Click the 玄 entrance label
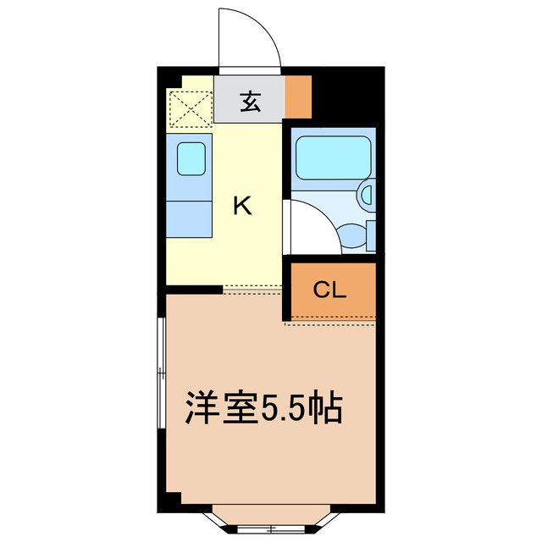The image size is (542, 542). point(249,102)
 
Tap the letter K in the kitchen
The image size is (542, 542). point(243,206)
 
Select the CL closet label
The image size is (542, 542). point(329,290)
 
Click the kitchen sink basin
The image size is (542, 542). point(191,158)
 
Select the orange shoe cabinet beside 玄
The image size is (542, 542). point(297,97)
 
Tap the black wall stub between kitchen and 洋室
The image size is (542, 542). point(194,290)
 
